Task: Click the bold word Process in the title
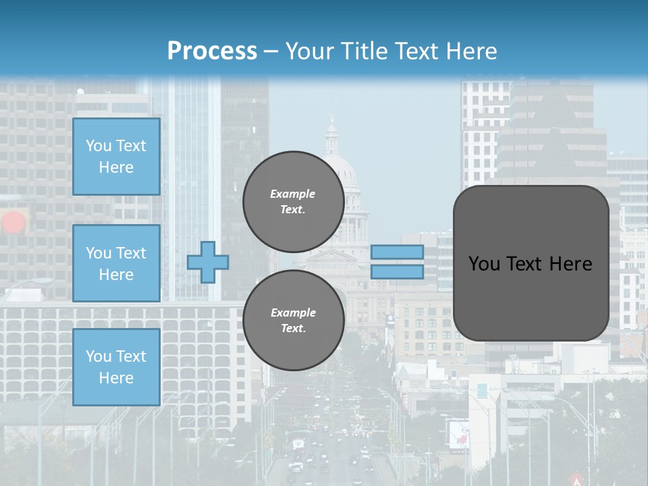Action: [x=212, y=51]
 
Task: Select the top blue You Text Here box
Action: [x=116, y=157]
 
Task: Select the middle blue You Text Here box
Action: [x=116, y=263]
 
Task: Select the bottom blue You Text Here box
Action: [x=116, y=367]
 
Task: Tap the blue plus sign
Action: [x=208, y=263]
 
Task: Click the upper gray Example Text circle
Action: [x=293, y=201]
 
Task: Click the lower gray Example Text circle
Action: [x=293, y=320]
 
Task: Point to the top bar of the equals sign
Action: [x=397, y=252]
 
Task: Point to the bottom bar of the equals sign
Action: [x=397, y=272]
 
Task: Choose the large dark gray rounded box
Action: [x=531, y=263]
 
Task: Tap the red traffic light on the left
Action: [x=13, y=222]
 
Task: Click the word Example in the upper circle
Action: [x=293, y=194]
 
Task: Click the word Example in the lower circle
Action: [x=293, y=313]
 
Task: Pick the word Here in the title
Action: [x=471, y=51]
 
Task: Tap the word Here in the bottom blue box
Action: [x=116, y=378]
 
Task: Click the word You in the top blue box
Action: [x=99, y=146]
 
